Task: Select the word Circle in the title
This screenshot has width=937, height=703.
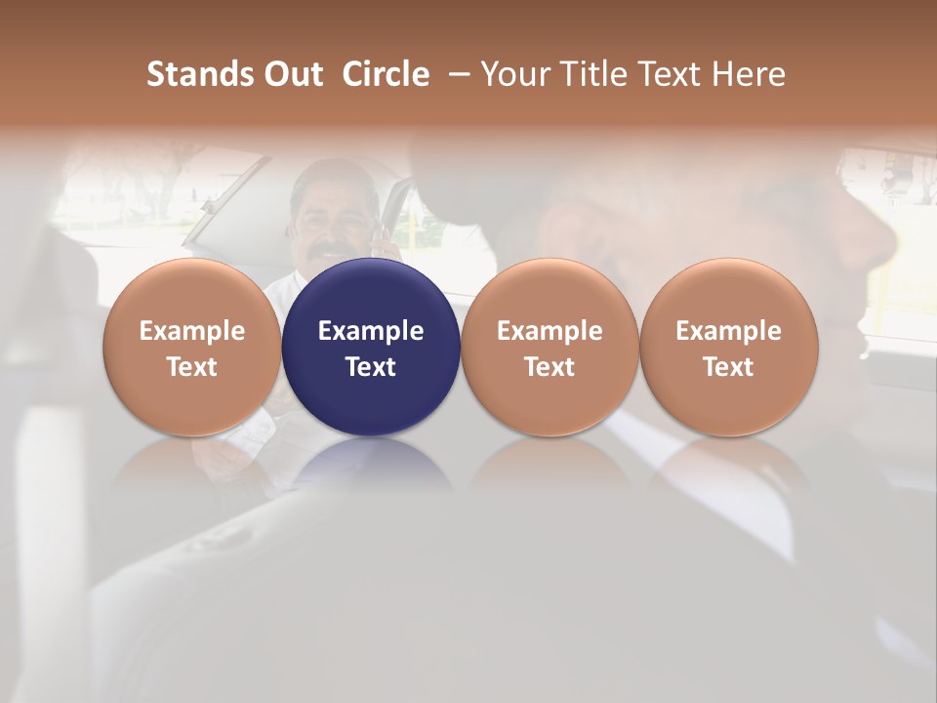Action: [x=386, y=74]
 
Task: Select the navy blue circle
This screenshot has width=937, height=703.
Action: [x=371, y=347]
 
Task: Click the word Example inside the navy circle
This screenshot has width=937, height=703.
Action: [x=371, y=331]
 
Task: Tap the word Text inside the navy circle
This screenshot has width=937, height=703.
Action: [x=371, y=367]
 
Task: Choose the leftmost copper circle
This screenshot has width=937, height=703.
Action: [x=191, y=347]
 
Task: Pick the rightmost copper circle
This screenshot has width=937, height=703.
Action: [x=729, y=347]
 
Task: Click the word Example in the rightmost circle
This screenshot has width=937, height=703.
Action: [x=729, y=331]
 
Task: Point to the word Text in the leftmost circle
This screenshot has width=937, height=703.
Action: [x=191, y=367]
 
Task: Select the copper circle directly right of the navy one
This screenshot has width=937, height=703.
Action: [x=550, y=347]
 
